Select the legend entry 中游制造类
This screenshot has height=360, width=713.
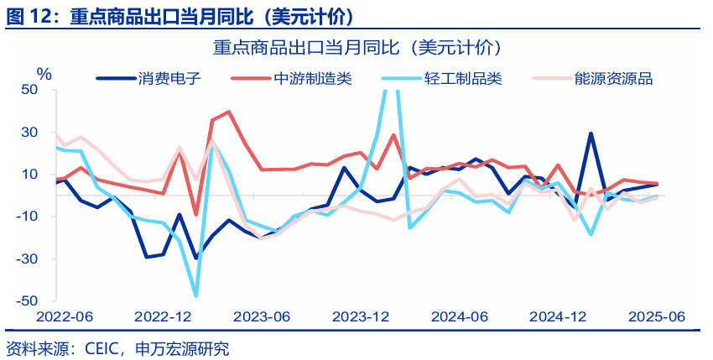coord(313,79)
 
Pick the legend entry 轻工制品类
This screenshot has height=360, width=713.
coord(463,79)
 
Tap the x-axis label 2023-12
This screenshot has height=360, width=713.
coord(361,317)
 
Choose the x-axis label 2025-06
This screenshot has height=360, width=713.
coord(657,317)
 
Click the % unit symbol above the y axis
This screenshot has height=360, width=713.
coord(44,74)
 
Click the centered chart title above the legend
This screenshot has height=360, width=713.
coord(356,48)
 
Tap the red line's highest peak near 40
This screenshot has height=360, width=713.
coord(229,112)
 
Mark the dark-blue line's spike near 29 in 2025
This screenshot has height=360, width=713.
coord(591,133)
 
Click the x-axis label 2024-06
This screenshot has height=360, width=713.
coord(460,317)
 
